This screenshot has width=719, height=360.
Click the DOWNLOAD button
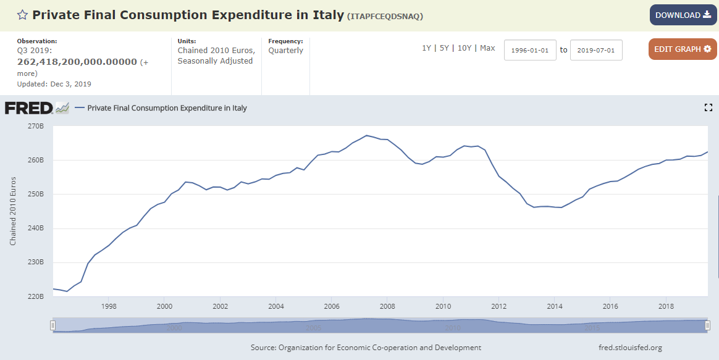(x=683, y=15)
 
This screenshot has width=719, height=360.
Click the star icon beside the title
(x=22, y=15)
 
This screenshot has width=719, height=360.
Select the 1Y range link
(x=426, y=48)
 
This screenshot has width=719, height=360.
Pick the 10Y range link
(x=465, y=48)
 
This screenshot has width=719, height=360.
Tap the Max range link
(x=487, y=48)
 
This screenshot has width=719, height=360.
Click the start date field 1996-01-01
(x=531, y=50)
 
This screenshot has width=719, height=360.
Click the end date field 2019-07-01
(x=596, y=50)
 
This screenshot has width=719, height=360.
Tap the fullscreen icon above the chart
(x=708, y=108)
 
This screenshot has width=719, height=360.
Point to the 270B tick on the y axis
(x=36, y=126)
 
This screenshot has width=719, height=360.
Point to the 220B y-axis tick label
(x=36, y=296)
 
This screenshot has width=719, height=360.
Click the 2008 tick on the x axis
(x=387, y=306)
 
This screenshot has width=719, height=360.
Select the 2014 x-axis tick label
(x=555, y=306)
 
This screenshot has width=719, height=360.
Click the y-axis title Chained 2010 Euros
(x=13, y=211)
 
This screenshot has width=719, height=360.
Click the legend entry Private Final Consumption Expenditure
(x=167, y=108)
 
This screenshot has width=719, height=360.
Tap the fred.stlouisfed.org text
(x=630, y=348)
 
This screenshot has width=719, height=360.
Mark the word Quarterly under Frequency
(x=285, y=51)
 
